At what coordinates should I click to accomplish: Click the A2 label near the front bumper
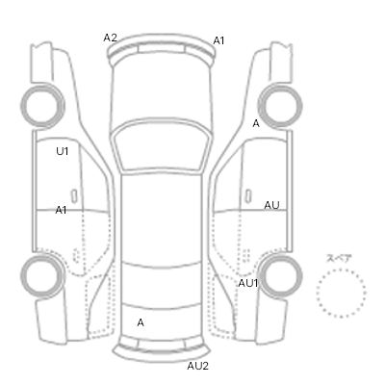110,38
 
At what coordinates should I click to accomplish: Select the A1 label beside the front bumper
218,40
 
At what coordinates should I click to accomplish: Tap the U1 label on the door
63,151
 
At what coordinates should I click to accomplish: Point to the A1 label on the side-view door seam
61,210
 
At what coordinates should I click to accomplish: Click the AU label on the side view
271,205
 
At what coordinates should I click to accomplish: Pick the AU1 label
248,283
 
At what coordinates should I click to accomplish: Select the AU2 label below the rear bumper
198,366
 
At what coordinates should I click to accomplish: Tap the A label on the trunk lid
141,322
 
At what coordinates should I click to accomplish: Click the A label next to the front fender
256,123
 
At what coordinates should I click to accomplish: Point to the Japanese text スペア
339,259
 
